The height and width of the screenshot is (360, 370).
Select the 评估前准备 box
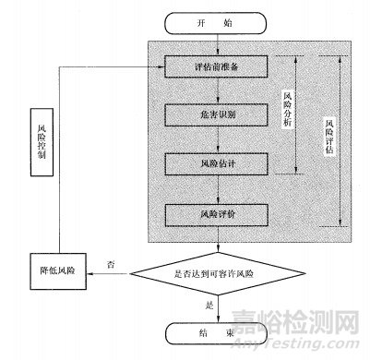click(x=214, y=67)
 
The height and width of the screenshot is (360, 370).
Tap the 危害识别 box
click(x=214, y=115)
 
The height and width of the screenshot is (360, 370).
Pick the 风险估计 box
click(x=214, y=164)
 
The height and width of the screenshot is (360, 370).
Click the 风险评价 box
click(x=214, y=214)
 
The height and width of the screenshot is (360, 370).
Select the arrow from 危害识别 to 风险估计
click(x=214, y=140)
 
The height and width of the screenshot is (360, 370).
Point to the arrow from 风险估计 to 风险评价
click(x=214, y=189)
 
